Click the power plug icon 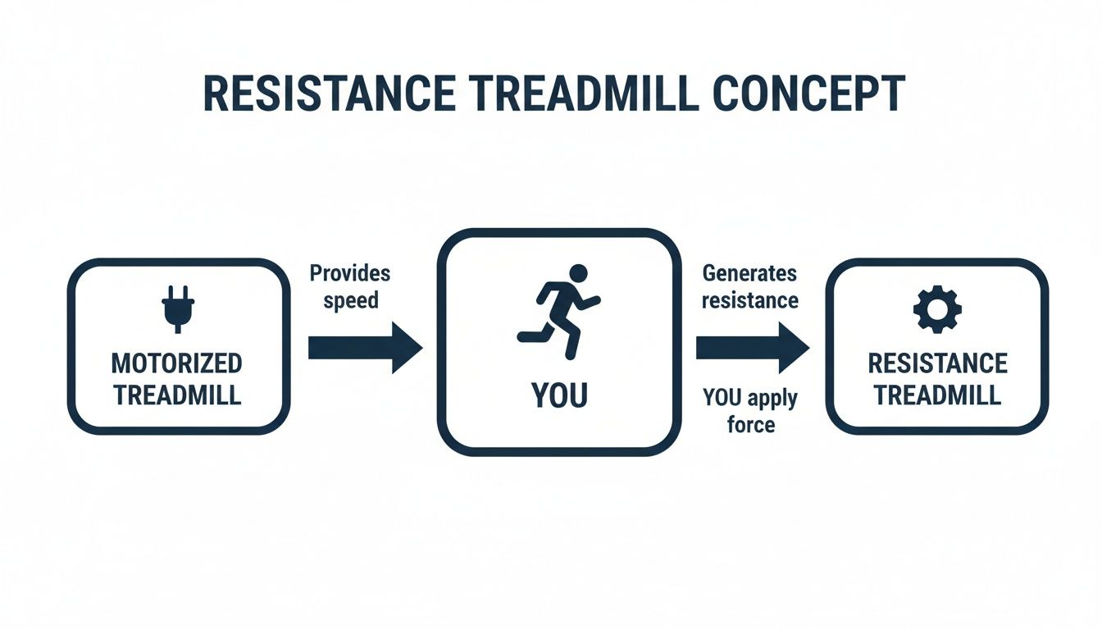coord(177,308)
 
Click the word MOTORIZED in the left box coord(177,363)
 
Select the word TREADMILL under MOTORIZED coord(178,395)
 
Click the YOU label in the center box coord(559,395)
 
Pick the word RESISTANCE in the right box coord(937,363)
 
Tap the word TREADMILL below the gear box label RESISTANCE coord(937,395)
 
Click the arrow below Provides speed coord(364,348)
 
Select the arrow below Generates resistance coord(752,348)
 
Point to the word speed coord(351,299)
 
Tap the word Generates coord(749,273)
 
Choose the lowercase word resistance coord(749,299)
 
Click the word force coord(750,425)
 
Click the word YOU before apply coord(722,399)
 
